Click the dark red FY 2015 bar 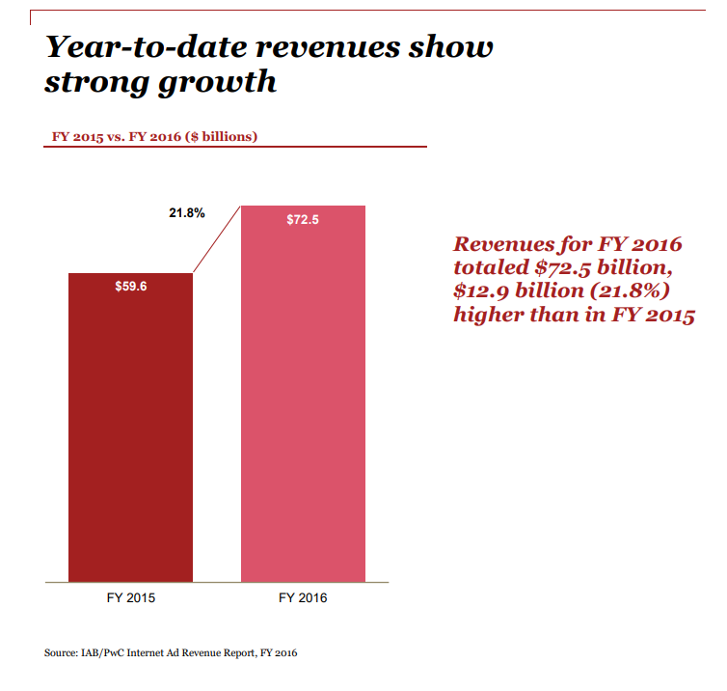coord(130,434)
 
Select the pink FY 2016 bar coord(303,405)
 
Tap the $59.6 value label coord(130,288)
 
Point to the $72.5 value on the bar coord(303,220)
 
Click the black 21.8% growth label coord(187,213)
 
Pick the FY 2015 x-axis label coord(130,598)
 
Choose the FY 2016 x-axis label coord(303,598)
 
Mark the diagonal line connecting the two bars coord(217,239)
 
